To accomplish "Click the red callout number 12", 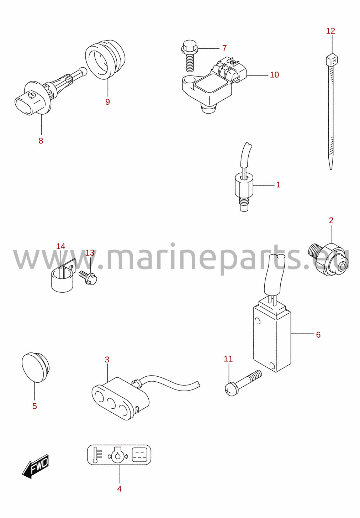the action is [330, 31].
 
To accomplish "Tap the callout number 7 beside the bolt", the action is [224, 48].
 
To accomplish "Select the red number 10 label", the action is [275, 75].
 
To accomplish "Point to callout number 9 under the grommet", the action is [107, 102].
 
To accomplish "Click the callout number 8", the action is [41, 141].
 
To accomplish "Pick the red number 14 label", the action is [61, 246].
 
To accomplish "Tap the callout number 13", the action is [90, 253].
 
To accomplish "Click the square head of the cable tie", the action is [332, 60].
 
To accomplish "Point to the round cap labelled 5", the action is [36, 368].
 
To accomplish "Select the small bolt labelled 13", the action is [88, 277].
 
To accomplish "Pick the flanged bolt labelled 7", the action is [190, 56].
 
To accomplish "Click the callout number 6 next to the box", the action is [318, 335].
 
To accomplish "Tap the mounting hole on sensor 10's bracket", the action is [190, 80].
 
